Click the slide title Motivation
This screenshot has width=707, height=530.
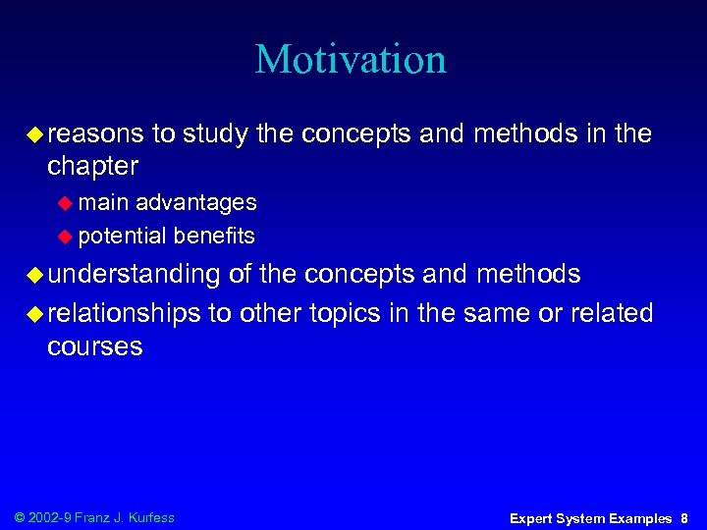[351, 59]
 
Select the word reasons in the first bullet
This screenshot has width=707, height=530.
[95, 133]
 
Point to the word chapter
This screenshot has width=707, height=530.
[92, 165]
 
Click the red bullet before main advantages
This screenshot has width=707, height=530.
[66, 203]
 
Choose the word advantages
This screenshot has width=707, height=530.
[195, 202]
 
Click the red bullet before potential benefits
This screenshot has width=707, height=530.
[66, 236]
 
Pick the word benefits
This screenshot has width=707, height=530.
[214, 236]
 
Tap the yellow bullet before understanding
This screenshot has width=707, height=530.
[34, 275]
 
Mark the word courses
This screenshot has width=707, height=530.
[94, 346]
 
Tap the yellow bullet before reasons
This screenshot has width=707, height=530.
[34, 134]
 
